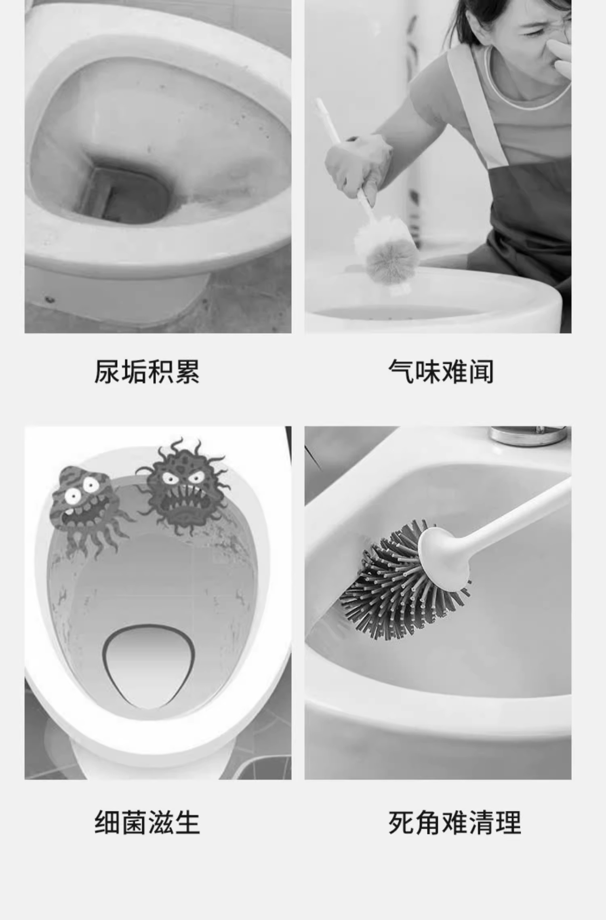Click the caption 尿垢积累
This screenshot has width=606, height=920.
147,371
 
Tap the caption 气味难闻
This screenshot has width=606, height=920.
441,371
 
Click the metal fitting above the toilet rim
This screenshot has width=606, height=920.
527,436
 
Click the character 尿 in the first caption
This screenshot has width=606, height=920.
107,371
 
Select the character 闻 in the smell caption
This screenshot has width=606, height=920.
481,371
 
